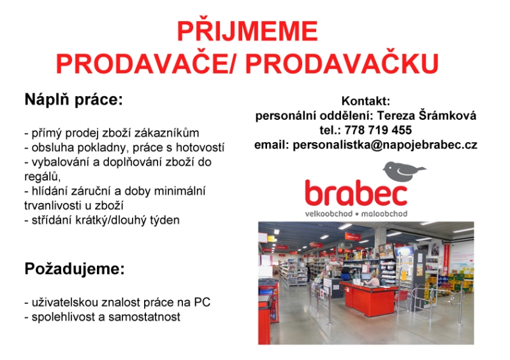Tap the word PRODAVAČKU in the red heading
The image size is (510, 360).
(342, 64)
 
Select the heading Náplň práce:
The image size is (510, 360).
(74, 100)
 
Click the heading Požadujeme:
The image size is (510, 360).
(75, 269)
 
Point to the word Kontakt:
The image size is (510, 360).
(365, 101)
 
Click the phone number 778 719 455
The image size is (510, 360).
(378, 130)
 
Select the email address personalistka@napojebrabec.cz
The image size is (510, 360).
(385, 145)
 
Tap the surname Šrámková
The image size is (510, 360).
(448, 115)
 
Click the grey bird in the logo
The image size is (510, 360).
(404, 171)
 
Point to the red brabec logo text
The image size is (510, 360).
(356, 193)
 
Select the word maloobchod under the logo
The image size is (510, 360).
(384, 213)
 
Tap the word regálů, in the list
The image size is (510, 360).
(42, 176)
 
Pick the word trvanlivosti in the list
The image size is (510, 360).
(50, 206)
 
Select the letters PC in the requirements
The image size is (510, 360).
(202, 302)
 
